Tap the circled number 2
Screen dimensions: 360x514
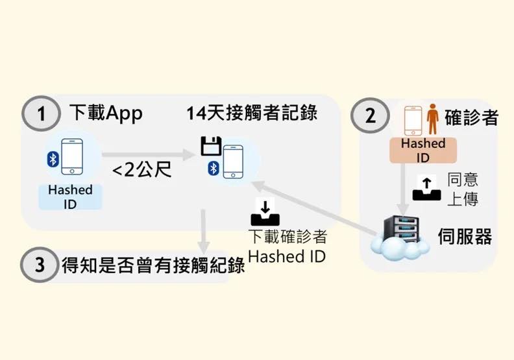(371, 116)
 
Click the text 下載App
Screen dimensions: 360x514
(105, 113)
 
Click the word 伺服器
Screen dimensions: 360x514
(465, 235)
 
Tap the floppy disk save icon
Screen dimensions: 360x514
(210, 147)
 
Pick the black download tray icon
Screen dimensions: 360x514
(267, 211)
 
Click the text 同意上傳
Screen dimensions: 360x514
(463, 189)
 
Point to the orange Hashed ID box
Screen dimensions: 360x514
(422, 150)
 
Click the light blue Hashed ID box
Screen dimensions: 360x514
(70, 197)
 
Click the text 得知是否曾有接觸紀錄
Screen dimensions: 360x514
(153, 265)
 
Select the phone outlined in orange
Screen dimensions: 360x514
(414, 121)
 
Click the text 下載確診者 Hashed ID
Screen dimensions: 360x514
(286, 246)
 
